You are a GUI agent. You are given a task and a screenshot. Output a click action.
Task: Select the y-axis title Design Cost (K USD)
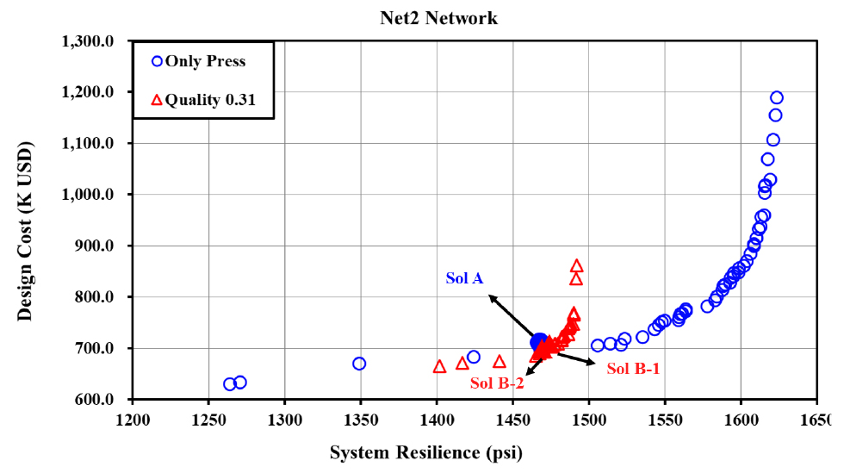(25, 221)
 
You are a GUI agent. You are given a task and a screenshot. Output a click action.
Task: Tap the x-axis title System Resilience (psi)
(426, 452)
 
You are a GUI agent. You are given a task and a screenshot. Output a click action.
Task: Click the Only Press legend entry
(198, 61)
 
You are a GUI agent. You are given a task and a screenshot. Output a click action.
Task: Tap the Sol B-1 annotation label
(633, 368)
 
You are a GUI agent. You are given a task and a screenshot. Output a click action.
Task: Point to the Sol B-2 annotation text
(497, 383)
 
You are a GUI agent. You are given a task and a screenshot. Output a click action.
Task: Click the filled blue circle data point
(539, 343)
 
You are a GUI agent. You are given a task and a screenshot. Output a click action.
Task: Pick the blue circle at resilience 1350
(359, 364)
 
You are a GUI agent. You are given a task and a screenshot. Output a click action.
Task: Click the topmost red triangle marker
(576, 266)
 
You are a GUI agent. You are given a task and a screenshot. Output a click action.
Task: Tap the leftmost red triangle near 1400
(439, 366)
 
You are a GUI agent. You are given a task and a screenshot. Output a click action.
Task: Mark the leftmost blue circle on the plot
(230, 384)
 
